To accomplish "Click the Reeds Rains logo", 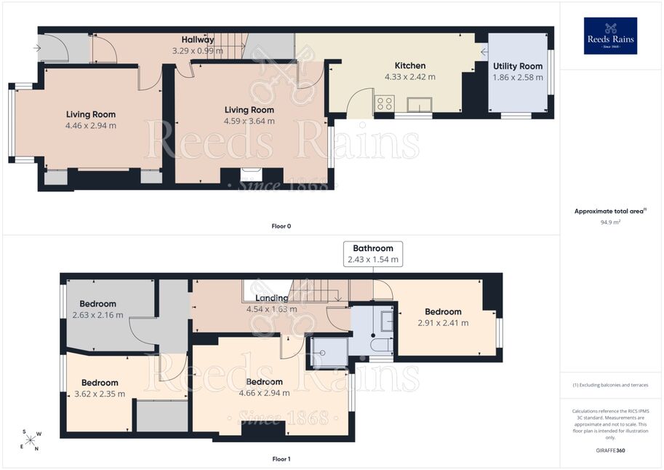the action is coord(610,36).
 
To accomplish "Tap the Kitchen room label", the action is coord(410,65).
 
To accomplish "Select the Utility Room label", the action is coord(518,66).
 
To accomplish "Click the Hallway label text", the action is coord(197,39).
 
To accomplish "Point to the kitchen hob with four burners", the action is coord(385,103).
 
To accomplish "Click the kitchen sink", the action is coord(420,104).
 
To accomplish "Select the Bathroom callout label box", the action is coord(373,254).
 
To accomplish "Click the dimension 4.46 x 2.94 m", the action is coord(91,125).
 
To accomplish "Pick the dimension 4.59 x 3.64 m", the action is coord(249,122).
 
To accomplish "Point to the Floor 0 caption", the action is coord(281,226).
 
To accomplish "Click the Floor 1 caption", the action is coord(281,459).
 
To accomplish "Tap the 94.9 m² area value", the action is coord(610,222).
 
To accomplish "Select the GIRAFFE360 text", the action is coord(610,450).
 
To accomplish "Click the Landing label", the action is coord(271,298).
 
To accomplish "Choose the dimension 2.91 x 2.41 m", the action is coord(443,323).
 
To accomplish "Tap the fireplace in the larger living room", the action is coord(252,175).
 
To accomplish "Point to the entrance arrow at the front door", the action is coord(37,48).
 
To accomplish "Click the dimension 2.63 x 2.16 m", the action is coord(98,315).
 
